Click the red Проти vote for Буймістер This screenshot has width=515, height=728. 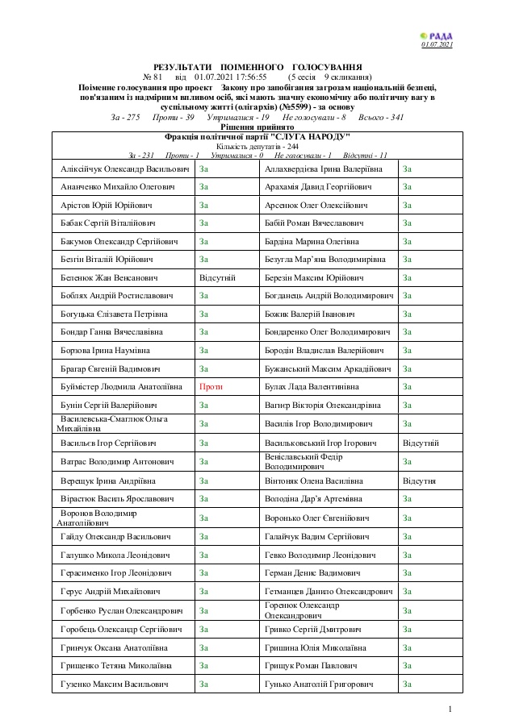[x=211, y=387]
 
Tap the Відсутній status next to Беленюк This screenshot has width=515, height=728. [x=217, y=277]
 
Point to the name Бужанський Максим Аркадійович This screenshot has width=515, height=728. [x=328, y=368]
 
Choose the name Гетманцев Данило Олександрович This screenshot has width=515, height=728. [x=329, y=592]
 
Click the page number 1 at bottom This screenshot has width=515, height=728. [x=450, y=709]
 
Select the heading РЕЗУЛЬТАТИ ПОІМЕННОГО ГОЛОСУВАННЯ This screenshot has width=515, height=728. [x=257, y=67]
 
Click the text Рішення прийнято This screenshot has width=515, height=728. [x=257, y=127]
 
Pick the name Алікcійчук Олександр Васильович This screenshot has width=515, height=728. [x=124, y=168]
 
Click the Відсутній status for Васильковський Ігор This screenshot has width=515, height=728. [x=421, y=443]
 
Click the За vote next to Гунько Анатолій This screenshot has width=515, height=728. [x=408, y=684]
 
